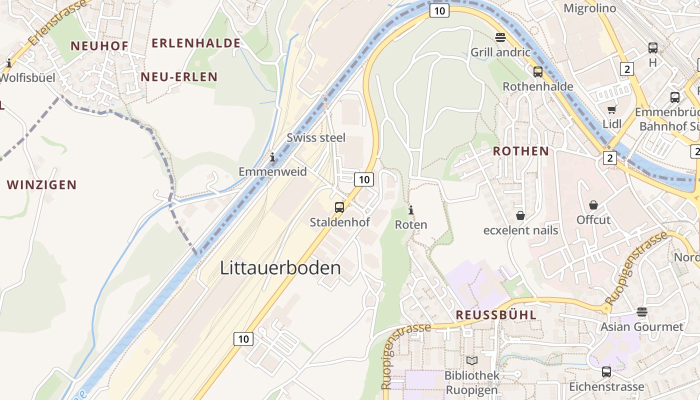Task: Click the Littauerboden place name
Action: pyautogui.click(x=280, y=268)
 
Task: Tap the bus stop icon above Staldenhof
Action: pyautogui.click(x=339, y=207)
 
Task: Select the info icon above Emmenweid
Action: pyautogui.click(x=272, y=157)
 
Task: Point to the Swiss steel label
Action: pyautogui.click(x=316, y=137)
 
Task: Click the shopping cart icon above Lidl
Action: pyautogui.click(x=611, y=109)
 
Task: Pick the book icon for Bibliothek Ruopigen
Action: pyautogui.click(x=471, y=360)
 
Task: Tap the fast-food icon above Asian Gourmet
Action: pyautogui.click(x=642, y=312)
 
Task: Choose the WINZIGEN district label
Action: pyautogui.click(x=42, y=185)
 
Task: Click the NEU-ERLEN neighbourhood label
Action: pyautogui.click(x=179, y=77)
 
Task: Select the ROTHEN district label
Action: pyautogui.click(x=520, y=151)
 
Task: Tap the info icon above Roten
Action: pyautogui.click(x=411, y=210)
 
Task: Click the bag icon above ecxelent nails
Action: pyautogui.click(x=520, y=215)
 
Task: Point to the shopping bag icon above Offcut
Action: pyautogui.click(x=593, y=205)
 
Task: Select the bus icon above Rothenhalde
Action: pyautogui.click(x=538, y=72)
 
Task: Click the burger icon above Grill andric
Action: pyautogui.click(x=500, y=37)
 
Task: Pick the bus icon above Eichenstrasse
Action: pyautogui.click(x=606, y=372)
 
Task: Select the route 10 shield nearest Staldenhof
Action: pyautogui.click(x=364, y=179)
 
